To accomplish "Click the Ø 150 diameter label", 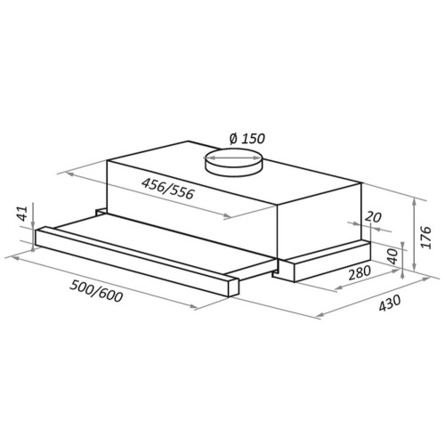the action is (x=247, y=138).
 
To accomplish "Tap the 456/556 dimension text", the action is (x=167, y=189).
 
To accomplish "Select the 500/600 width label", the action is (x=96, y=291).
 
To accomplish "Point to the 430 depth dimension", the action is (x=389, y=303).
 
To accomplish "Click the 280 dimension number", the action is (x=360, y=272).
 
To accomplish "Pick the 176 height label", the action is (x=425, y=237).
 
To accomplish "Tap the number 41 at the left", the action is (x=23, y=214).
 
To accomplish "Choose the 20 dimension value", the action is (x=373, y=217).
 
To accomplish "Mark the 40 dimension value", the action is (x=392, y=256).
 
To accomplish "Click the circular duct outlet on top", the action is (x=233, y=164).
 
